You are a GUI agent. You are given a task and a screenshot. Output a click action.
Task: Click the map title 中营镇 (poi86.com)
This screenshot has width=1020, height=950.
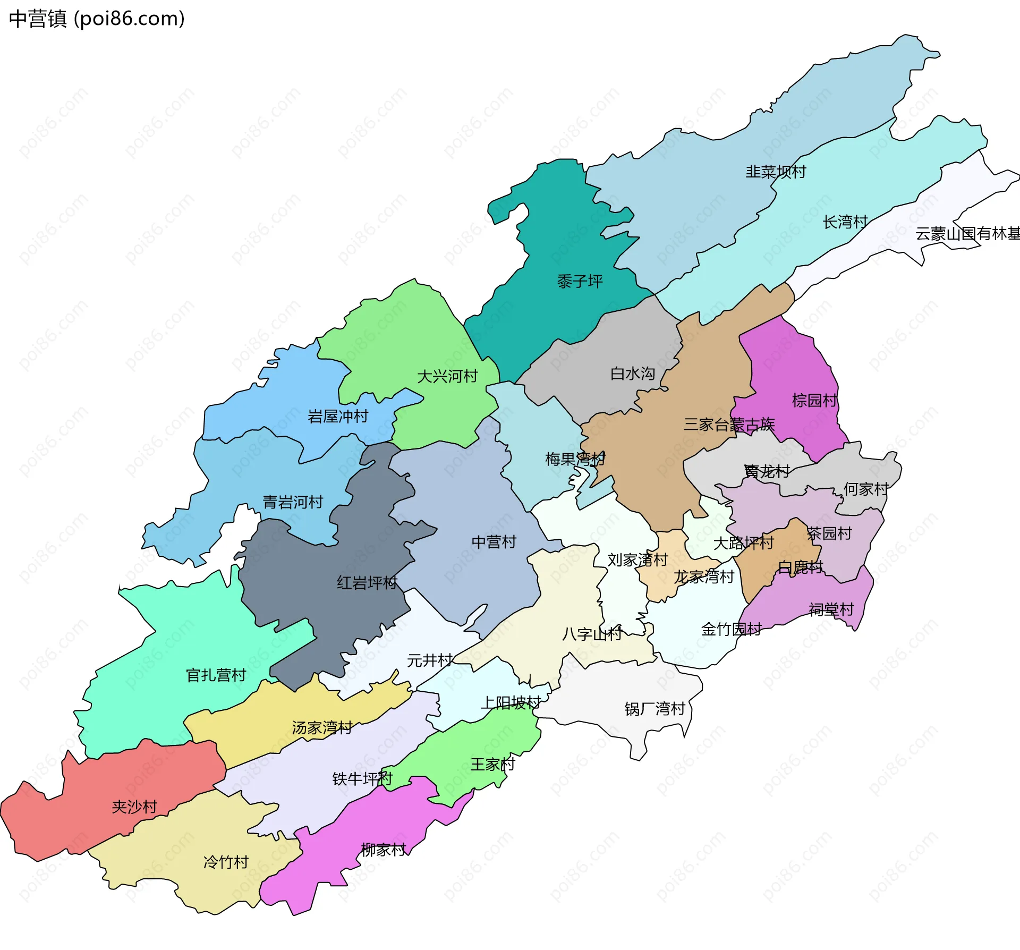[x=97, y=19]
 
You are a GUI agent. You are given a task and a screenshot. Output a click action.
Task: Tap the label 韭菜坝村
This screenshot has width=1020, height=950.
[x=776, y=172]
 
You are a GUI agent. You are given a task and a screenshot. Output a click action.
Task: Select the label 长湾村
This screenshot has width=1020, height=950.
[x=845, y=222]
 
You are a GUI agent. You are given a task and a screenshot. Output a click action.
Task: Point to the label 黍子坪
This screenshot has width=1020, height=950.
[x=580, y=281]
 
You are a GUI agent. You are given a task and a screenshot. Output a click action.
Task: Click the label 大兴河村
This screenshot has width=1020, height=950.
[x=447, y=376]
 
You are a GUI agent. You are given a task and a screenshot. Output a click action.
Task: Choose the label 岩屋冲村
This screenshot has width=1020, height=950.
[x=338, y=416]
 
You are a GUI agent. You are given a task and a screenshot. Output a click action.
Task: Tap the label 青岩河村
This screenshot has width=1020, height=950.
[x=293, y=502]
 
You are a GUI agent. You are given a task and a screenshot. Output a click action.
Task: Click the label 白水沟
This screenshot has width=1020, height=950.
[x=632, y=373]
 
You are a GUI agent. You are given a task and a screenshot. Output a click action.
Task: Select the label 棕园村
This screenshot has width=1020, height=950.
[x=814, y=400]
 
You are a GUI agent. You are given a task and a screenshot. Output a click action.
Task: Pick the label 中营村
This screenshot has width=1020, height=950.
[x=494, y=542]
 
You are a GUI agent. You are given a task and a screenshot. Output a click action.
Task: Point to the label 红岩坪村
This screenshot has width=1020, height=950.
[x=367, y=583]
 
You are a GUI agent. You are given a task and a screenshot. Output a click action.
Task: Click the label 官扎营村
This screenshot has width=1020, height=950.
[x=216, y=675]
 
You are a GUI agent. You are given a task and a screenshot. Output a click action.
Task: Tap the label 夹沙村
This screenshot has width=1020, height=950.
[x=134, y=807]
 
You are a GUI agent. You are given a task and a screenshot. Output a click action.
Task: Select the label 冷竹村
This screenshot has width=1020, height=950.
[x=226, y=862]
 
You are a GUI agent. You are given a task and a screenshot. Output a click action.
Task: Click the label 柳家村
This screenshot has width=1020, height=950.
[x=383, y=850]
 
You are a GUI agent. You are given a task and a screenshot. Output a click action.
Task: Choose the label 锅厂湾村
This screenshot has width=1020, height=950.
[x=654, y=709]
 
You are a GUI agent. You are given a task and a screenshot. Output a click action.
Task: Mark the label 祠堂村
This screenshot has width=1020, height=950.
[x=831, y=609]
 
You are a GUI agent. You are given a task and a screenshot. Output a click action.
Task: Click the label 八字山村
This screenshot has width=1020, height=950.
[x=592, y=634]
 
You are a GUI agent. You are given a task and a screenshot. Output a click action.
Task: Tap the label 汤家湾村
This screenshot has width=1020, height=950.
[x=322, y=727]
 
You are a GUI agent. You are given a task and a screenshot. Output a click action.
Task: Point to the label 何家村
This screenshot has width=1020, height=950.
[x=866, y=489]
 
